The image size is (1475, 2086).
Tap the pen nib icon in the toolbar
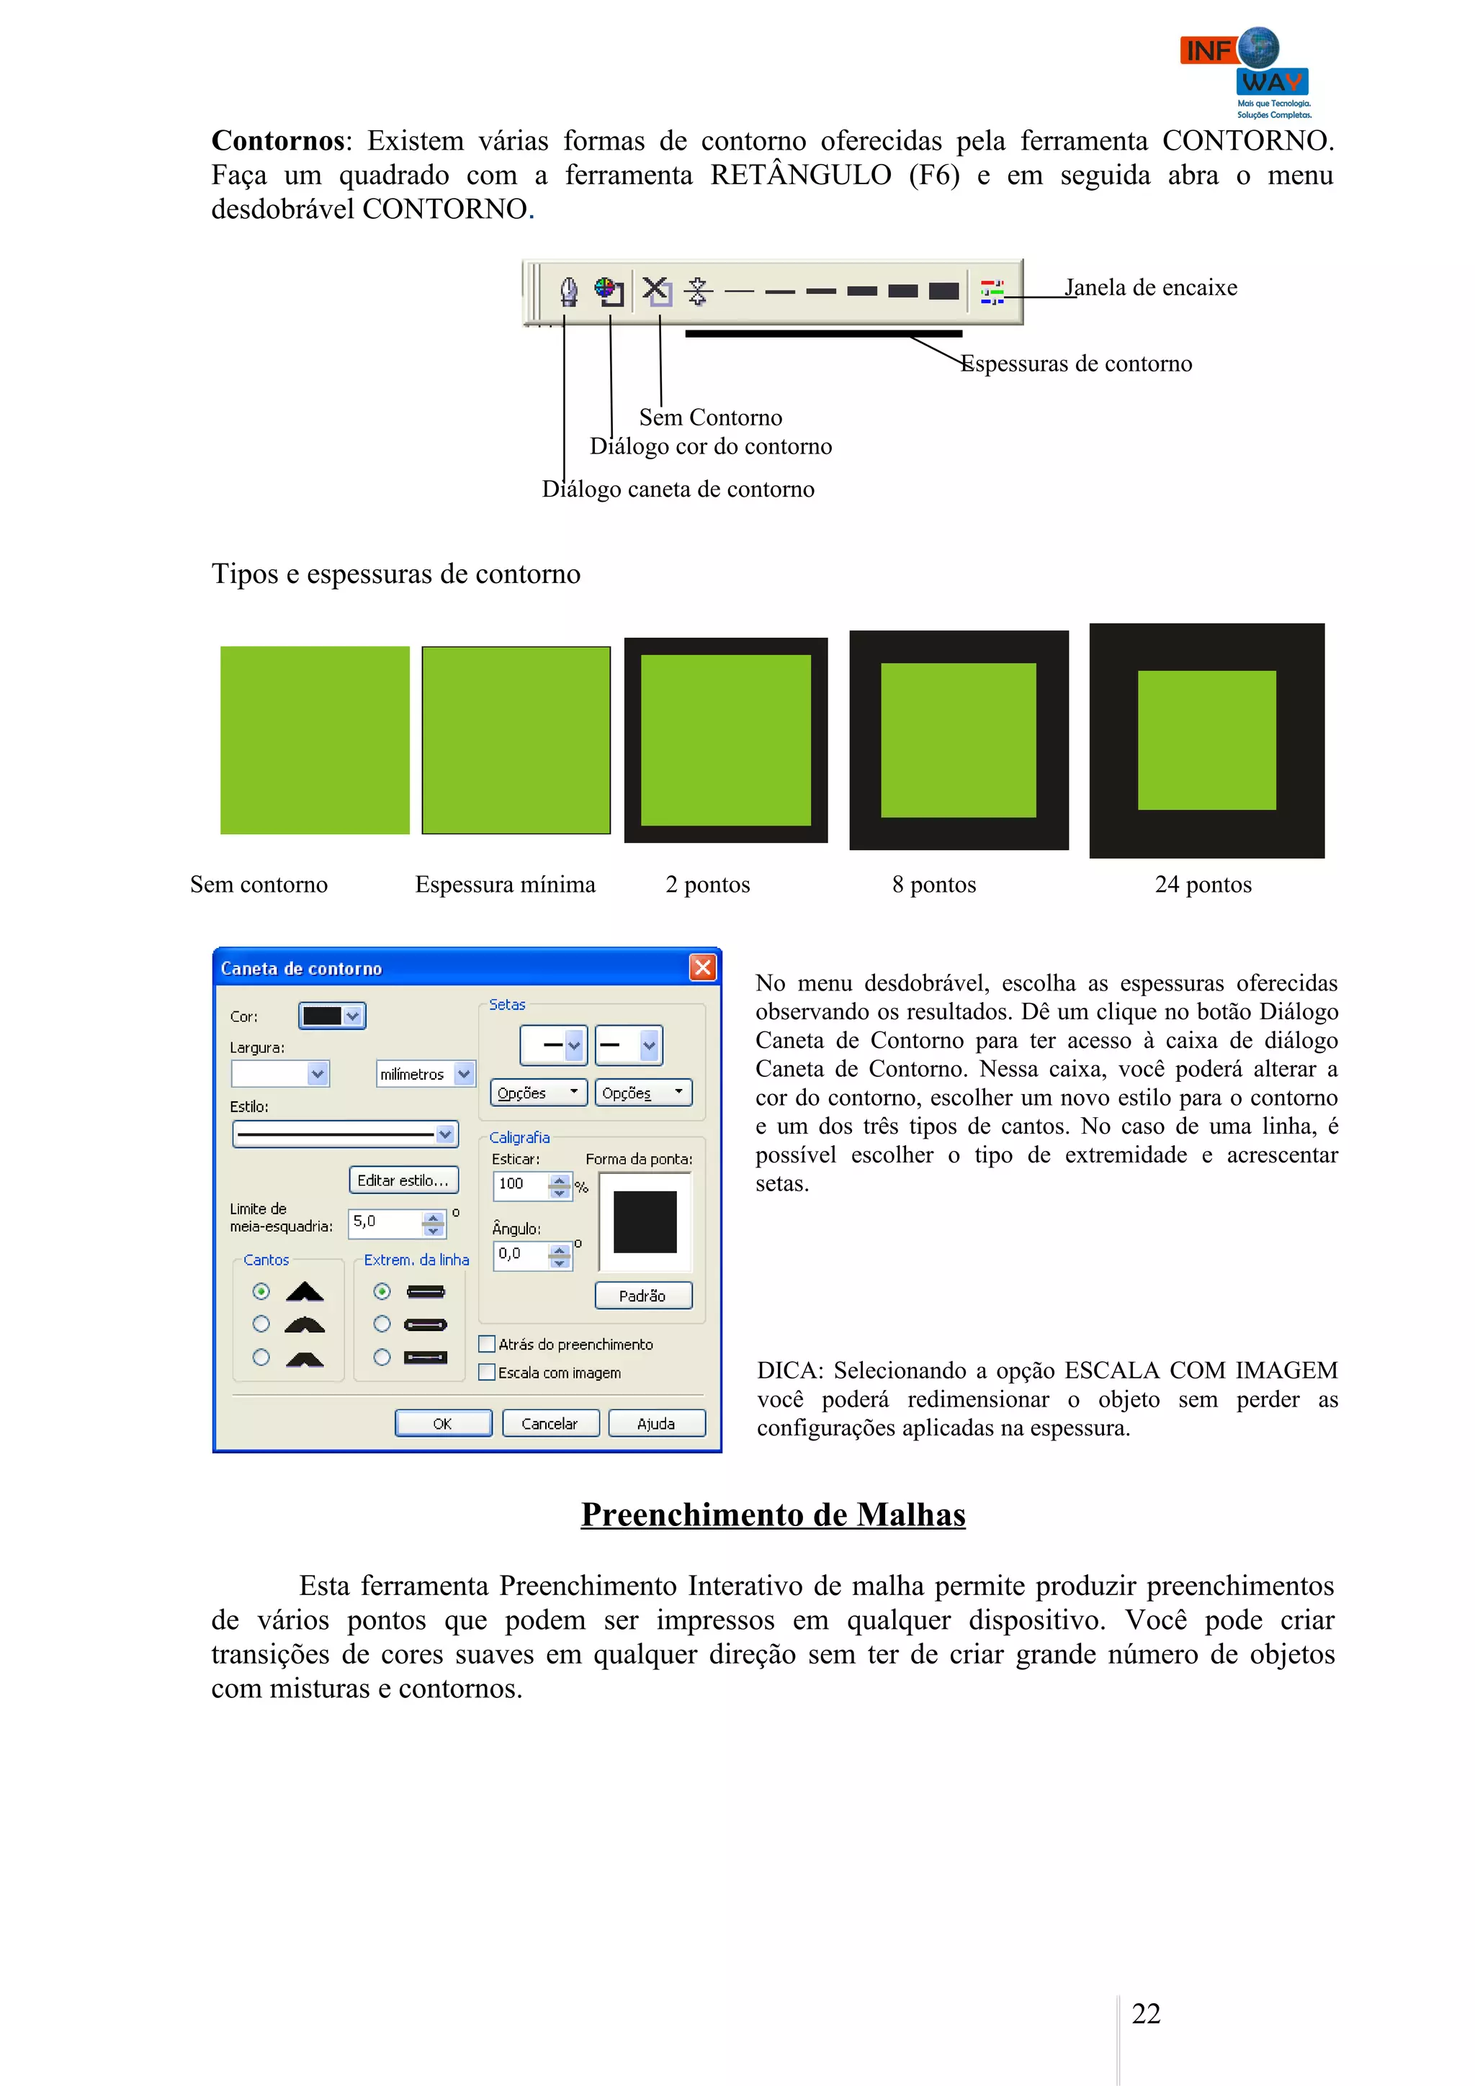569,292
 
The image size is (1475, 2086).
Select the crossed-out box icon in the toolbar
656,291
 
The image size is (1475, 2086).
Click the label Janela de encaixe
1151,288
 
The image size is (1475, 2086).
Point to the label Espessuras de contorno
1077,364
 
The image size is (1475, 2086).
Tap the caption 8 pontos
933,884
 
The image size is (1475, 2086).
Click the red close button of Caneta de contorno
702,967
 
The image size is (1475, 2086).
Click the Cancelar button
550,1423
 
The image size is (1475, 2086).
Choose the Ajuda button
656,1423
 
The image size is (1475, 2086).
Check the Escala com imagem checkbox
487,1372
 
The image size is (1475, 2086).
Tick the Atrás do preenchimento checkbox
487,1344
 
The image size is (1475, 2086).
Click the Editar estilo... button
403,1180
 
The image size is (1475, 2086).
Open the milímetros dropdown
426,1074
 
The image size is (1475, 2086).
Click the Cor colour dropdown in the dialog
332,1016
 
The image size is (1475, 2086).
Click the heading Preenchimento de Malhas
773,1514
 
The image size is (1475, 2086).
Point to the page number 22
1145,2013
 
